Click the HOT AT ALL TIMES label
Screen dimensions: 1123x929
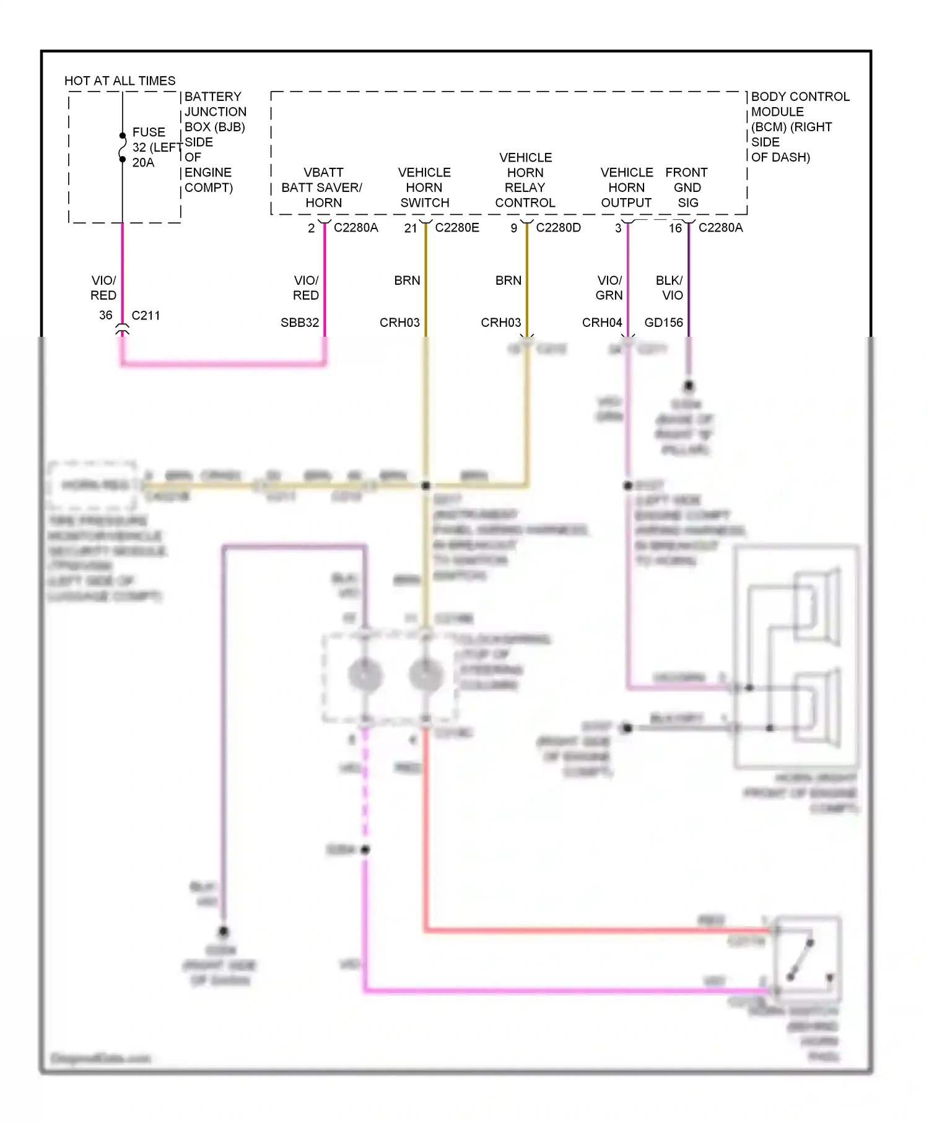coord(120,81)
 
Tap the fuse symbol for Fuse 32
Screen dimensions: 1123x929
coord(123,147)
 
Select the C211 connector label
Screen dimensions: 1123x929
coord(146,316)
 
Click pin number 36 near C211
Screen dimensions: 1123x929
coord(106,315)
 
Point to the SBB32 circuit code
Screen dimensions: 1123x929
coord(300,323)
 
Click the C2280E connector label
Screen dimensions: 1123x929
coord(457,228)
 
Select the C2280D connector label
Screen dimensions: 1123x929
coord(558,228)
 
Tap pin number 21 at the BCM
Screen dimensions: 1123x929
coord(411,228)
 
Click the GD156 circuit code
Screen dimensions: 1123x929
coord(663,323)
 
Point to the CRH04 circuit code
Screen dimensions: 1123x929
coord(602,323)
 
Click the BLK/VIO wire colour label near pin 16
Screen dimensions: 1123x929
coord(670,288)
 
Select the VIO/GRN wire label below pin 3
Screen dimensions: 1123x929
coord(609,288)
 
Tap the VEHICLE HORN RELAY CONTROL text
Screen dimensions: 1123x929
coord(525,180)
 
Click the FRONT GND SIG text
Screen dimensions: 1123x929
coord(687,188)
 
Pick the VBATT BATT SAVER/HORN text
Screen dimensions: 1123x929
coord(323,188)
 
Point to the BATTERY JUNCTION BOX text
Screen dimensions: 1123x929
coord(214,111)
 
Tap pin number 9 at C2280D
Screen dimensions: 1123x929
coord(514,228)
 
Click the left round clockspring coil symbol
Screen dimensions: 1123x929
coord(365,675)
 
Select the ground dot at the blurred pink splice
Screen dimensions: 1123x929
coord(365,849)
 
